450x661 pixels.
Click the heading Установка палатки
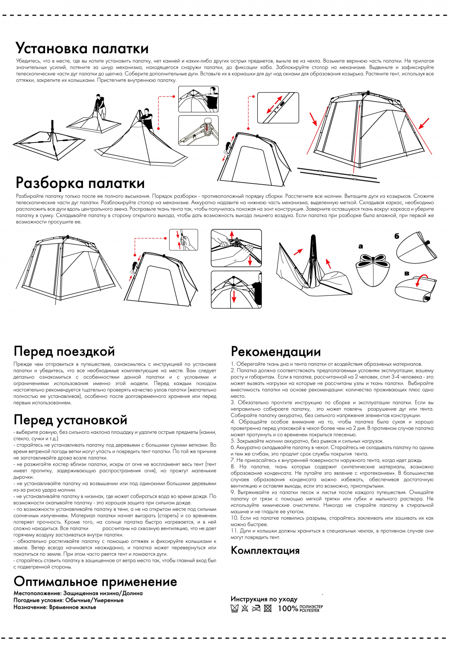pos(82,48)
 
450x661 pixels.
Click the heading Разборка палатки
pos(80,183)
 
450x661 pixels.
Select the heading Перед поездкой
pos(64,351)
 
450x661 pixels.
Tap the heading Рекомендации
pos(275,352)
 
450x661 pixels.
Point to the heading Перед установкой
pos(70,420)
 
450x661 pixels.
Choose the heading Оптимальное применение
pos(95,582)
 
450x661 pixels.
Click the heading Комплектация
pos(265,550)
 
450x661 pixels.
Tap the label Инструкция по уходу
pos(264,599)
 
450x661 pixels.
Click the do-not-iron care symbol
pos(256,608)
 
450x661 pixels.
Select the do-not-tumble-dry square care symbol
pos(268,608)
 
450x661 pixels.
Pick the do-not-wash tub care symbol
pos(235,608)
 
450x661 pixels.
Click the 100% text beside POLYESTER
pos(287,609)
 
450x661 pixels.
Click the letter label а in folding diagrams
pos(361,247)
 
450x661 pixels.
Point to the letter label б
pos(397,236)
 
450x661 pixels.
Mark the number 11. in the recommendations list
pos(234,531)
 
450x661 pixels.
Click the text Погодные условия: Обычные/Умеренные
pos(68,600)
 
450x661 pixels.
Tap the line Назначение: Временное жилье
pos(55,607)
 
